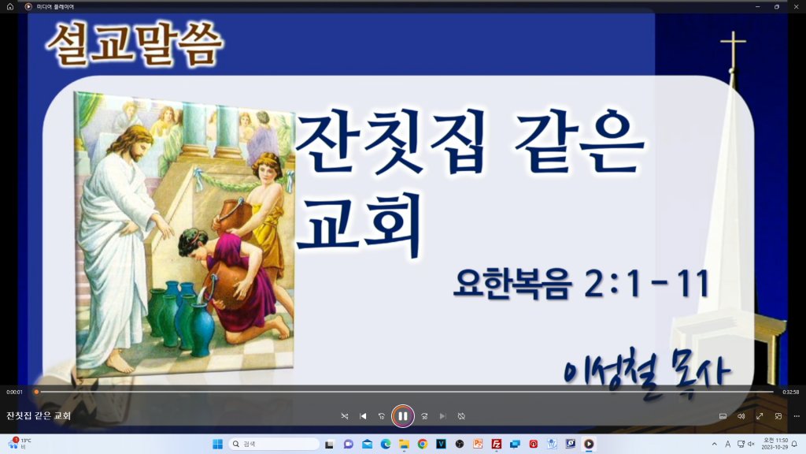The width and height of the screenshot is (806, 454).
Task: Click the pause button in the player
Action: point(402,416)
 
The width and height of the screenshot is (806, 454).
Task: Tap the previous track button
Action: point(363,416)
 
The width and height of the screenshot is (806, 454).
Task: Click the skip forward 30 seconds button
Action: point(424,416)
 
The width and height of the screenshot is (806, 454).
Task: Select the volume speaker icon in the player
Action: point(741,416)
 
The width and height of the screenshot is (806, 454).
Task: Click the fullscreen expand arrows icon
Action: point(760,416)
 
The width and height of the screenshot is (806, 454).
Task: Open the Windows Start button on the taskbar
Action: point(217,444)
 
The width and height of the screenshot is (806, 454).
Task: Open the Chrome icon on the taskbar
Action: point(423,444)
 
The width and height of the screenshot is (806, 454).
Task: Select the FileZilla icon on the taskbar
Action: point(497,444)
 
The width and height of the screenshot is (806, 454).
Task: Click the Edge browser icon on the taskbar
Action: point(386,444)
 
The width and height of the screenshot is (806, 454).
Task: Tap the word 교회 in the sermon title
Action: point(359,225)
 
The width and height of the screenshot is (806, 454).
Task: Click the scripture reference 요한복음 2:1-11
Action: point(582,283)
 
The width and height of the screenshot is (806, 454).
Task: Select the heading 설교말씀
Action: point(135,45)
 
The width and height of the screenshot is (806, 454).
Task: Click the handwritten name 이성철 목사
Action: point(647,372)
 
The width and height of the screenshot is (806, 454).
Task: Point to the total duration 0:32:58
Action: point(790,392)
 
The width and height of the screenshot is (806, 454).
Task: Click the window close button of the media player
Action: point(797,6)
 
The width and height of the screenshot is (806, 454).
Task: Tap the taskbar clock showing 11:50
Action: point(775,444)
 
